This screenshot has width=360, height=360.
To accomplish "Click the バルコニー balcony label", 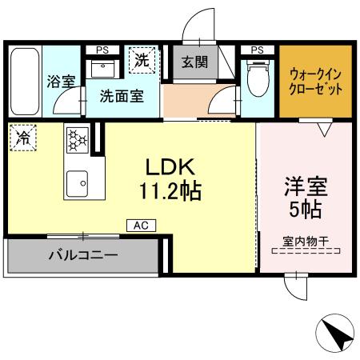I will tap(82, 257).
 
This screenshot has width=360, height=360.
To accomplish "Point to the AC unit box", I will tap(140, 226).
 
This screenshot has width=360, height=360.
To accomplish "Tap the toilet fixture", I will tap(258, 80).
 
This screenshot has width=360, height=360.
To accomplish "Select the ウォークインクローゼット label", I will tap(315, 80).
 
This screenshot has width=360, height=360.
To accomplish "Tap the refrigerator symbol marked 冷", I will tap(22, 137).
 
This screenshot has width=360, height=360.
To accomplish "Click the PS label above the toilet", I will tap(257, 50).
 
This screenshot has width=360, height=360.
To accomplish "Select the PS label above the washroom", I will tap(102, 50).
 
